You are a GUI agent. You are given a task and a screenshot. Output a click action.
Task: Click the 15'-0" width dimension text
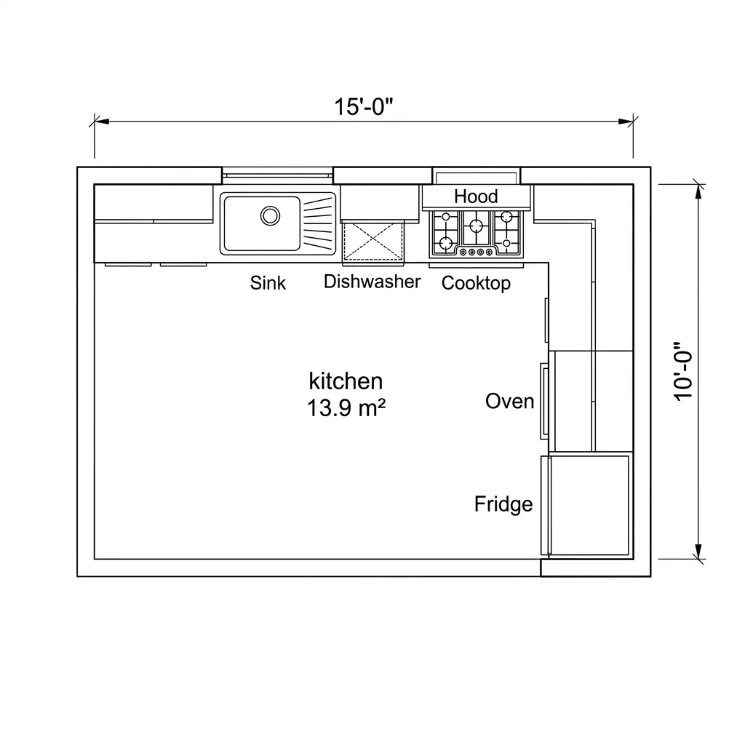pos(364,107)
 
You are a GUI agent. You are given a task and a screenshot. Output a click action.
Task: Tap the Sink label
pos(268,283)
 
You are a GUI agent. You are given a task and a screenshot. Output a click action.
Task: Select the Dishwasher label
pos(372,282)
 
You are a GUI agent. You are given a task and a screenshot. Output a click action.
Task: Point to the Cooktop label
pos(476,283)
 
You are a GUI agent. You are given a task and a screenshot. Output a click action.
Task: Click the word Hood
pos(476,196)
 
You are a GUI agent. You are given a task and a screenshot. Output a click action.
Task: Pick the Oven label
pos(509,402)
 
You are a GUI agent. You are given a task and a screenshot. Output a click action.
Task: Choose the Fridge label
pos(503,504)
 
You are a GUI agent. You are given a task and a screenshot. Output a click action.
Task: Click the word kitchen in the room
pos(346,381)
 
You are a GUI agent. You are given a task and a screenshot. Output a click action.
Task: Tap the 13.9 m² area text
pos(346,408)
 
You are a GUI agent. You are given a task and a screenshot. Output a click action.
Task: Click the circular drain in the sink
pos(271,215)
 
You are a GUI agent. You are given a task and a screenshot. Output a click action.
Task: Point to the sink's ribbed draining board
pos(318,223)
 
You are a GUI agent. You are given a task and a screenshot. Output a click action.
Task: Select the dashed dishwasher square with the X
pos(373,242)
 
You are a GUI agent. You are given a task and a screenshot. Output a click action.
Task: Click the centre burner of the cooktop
pos(476,226)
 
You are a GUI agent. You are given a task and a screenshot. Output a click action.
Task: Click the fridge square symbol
pos(589,505)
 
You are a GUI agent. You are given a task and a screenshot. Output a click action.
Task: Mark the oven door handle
pos(543,401)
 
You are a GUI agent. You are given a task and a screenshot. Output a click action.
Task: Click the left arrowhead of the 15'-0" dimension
pos(102,121)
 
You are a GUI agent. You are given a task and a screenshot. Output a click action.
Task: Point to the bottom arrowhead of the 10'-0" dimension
pos(698,551)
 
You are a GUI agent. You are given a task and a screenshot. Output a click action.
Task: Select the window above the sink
pos(277,175)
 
